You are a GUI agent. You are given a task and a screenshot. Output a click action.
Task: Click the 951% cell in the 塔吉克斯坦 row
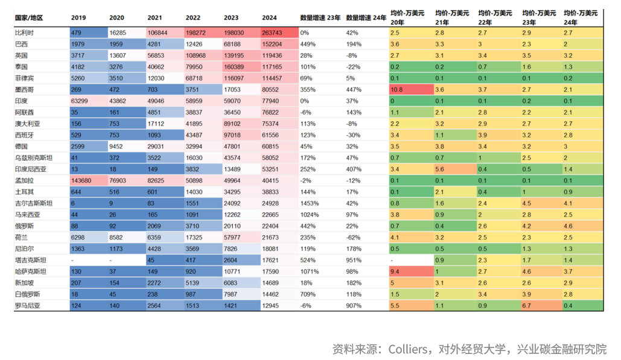pos(354,259)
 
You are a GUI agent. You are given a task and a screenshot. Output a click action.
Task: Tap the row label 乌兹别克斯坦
pos(33,157)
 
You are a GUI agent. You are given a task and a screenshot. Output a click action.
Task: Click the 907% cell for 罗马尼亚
pos(354,305)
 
